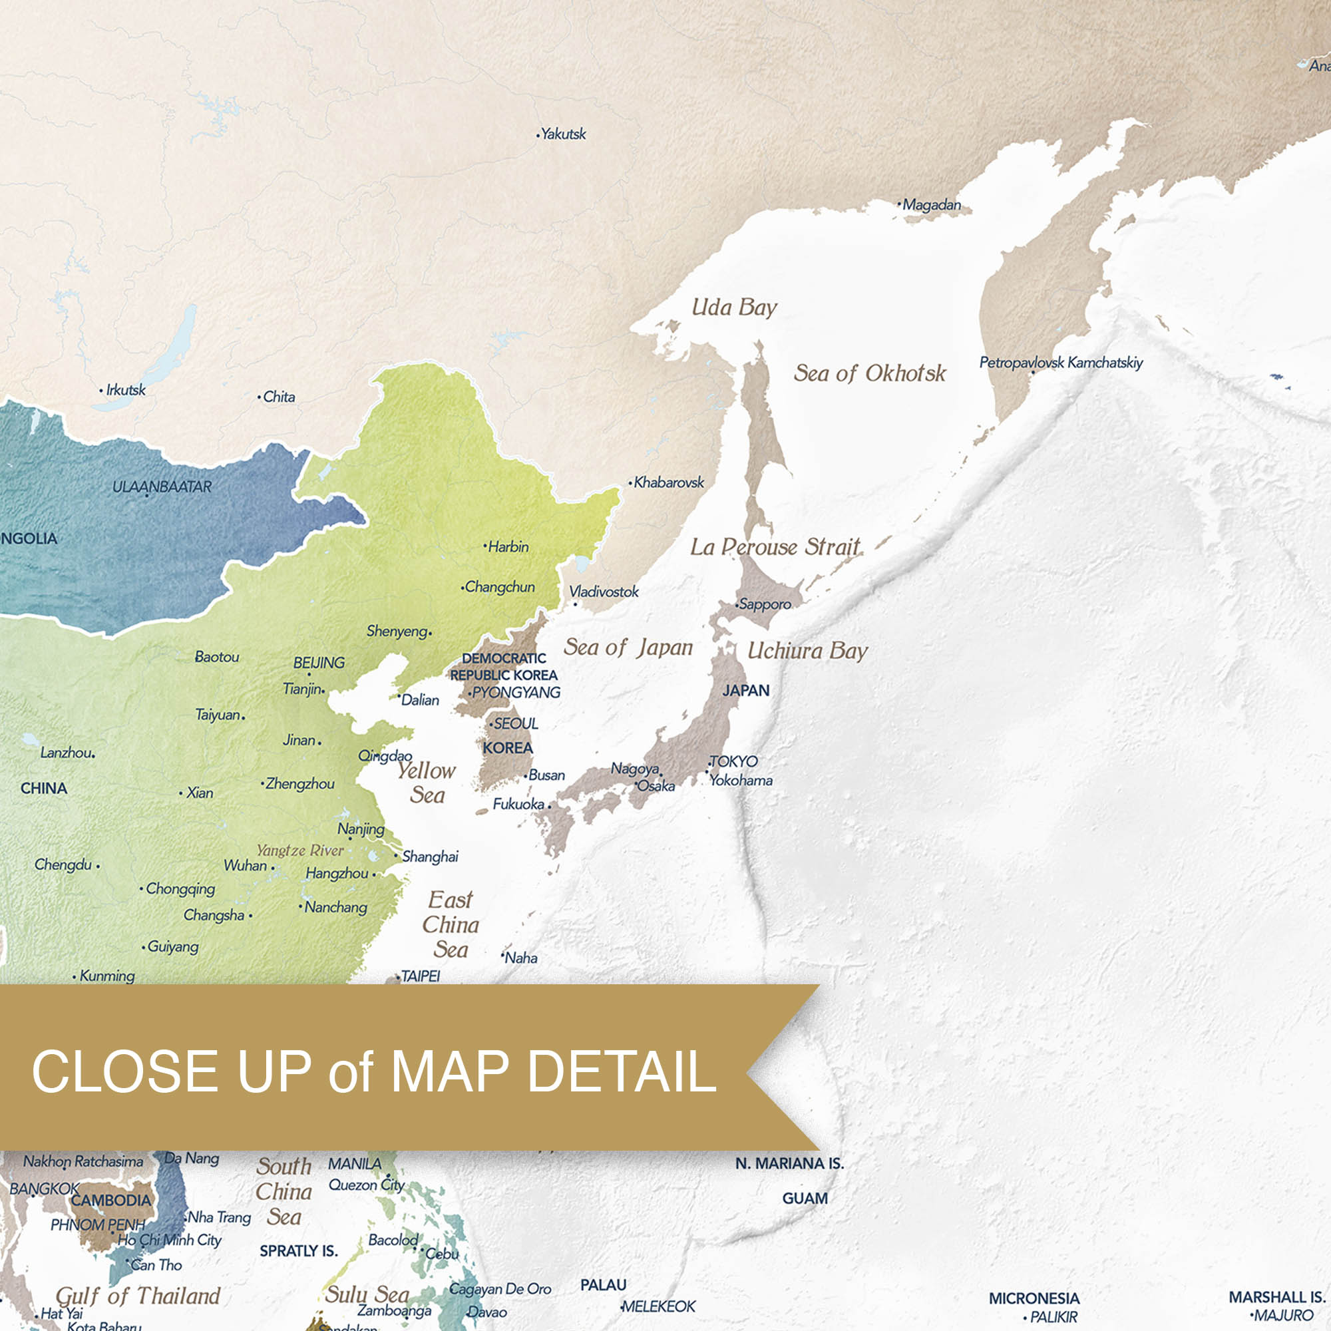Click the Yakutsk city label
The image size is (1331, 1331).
coord(563,134)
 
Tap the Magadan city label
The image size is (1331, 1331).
coord(931,204)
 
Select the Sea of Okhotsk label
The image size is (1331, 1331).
coord(869,373)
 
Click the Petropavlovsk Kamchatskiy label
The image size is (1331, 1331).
coord(1061,363)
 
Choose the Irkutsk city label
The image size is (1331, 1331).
coord(125,390)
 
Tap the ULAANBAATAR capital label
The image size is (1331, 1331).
coord(162,486)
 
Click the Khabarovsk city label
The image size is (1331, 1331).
coord(668,482)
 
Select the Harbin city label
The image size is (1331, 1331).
coord(508,547)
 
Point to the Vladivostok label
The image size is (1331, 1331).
coord(604,592)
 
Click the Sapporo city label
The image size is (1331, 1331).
coord(765,604)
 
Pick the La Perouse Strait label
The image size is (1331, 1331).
coord(775,547)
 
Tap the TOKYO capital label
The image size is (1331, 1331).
coord(733,761)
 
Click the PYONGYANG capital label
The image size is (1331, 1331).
coord(516,692)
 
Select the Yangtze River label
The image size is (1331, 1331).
coord(299,850)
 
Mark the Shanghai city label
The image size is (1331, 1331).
coord(430,856)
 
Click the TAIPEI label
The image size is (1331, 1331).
coord(420,976)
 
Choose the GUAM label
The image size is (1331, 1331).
coord(805,1198)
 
